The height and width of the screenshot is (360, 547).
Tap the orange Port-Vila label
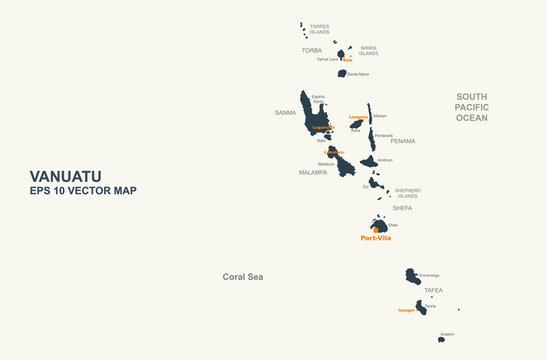376,238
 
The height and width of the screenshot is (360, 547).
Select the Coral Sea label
242,276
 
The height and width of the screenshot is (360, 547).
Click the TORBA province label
312,49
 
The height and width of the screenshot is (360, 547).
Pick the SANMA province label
286,113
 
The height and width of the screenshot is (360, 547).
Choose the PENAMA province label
403,141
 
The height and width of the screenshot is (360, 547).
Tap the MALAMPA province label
313,172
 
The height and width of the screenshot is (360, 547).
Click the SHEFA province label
402,208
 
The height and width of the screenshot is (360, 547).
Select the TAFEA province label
433,290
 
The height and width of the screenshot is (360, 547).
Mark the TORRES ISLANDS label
319,29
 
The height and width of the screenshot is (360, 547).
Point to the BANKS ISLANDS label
369,50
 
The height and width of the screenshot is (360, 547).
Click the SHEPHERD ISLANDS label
407,192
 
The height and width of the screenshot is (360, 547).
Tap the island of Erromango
412,276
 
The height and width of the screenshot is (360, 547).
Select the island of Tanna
421,307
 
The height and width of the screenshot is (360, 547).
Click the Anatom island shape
441,339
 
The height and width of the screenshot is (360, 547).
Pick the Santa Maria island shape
342,73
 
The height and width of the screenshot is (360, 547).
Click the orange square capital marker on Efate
376,230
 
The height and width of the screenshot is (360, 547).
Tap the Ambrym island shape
369,160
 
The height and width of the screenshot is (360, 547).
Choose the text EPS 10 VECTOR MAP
83,191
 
